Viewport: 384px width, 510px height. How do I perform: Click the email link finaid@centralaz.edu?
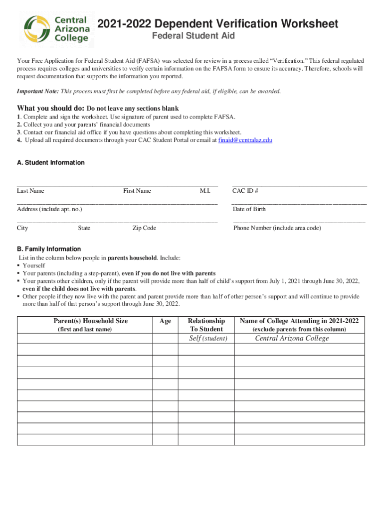tap(245, 140)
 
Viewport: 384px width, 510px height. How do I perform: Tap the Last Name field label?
tap(30, 191)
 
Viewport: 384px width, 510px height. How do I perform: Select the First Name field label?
tap(137, 191)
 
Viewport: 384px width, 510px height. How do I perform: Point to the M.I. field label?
tap(205, 191)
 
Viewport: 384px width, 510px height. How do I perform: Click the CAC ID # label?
tap(245, 191)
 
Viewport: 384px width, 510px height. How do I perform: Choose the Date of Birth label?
tap(249, 209)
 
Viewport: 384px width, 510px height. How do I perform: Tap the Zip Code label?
tap(144, 228)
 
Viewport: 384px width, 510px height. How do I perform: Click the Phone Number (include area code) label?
tap(277, 228)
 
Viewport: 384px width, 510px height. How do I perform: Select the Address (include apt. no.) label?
tap(49, 209)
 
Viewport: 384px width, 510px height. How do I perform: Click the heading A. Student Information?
tap(51, 163)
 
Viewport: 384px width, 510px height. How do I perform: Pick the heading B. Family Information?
tap(49, 249)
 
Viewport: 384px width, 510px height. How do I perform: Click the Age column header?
tap(165, 321)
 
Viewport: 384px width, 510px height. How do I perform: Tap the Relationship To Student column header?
tap(206, 325)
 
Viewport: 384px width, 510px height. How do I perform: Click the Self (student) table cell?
tap(208, 339)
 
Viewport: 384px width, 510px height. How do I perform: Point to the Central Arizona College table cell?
tap(292, 339)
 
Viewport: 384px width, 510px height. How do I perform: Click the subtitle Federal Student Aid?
tap(193, 36)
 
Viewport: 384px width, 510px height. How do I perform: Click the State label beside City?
tap(84, 228)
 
